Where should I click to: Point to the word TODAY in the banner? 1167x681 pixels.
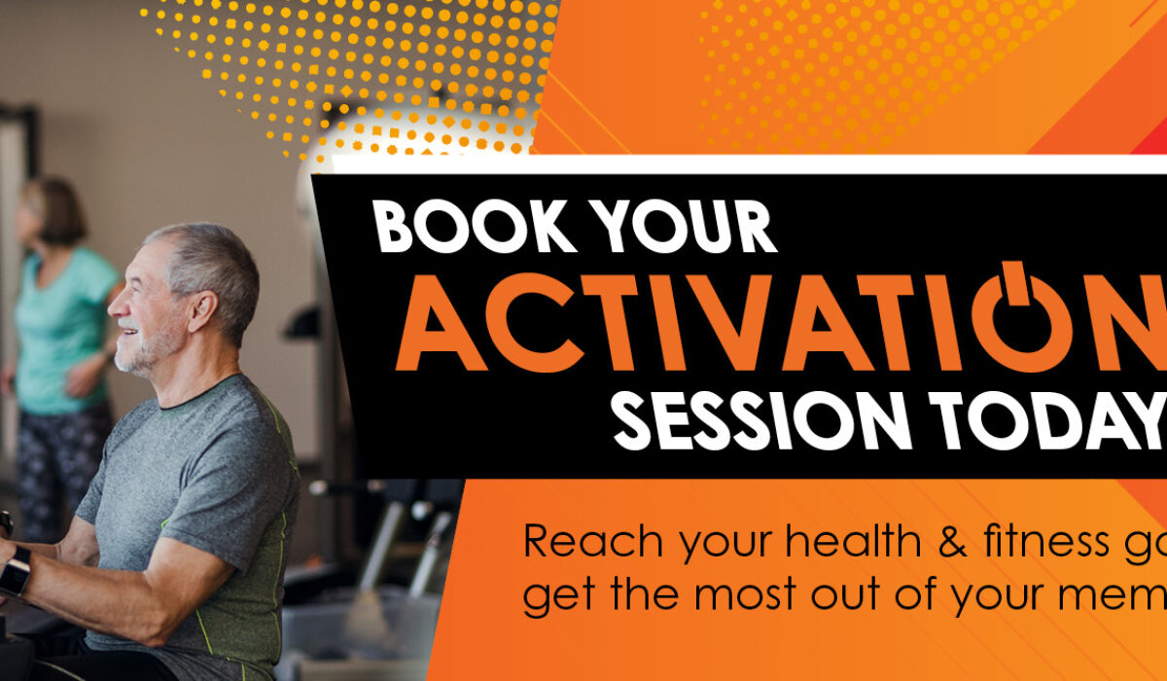coord(1050,420)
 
